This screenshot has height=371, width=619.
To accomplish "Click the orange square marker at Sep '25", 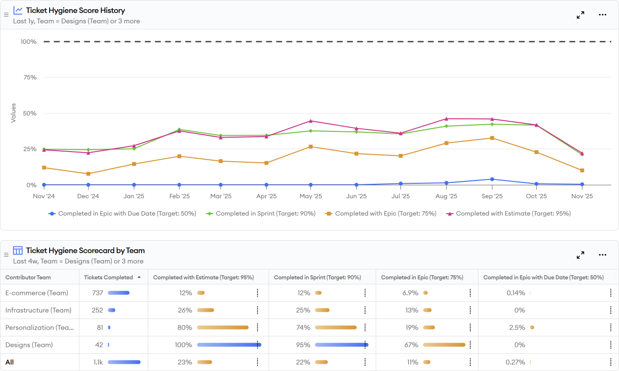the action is (x=492, y=138).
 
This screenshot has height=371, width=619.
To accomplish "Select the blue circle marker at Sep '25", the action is (x=492, y=179).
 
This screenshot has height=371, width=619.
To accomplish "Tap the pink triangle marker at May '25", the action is (x=310, y=121).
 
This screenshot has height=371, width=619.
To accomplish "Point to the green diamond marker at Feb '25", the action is (x=179, y=129).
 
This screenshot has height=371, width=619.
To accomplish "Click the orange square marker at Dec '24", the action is (x=88, y=174).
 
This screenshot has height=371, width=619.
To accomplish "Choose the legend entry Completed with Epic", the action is (x=381, y=214).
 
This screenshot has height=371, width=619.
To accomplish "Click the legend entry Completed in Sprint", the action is (x=260, y=214).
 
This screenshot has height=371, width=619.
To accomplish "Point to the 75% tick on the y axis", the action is (x=30, y=77).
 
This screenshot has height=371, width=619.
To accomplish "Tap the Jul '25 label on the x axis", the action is (x=400, y=196).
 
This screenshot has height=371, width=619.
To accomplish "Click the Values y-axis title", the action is (x=13, y=113).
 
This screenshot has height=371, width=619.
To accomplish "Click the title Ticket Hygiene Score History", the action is (x=76, y=11).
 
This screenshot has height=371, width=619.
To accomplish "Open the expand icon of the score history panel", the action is (x=580, y=15).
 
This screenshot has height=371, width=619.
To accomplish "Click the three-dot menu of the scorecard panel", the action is (x=603, y=255).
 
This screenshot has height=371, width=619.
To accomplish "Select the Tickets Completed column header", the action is (x=108, y=277).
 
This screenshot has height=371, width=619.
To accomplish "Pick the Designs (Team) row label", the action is (x=29, y=345).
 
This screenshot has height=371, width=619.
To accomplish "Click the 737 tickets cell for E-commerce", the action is (x=98, y=293).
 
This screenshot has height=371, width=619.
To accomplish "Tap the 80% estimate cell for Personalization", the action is (x=185, y=328).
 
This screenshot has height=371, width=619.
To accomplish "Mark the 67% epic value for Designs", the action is (x=411, y=345).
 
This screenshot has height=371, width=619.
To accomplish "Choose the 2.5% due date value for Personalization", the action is (x=517, y=328).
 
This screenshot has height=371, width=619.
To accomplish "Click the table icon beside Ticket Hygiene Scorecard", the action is (x=18, y=251).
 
